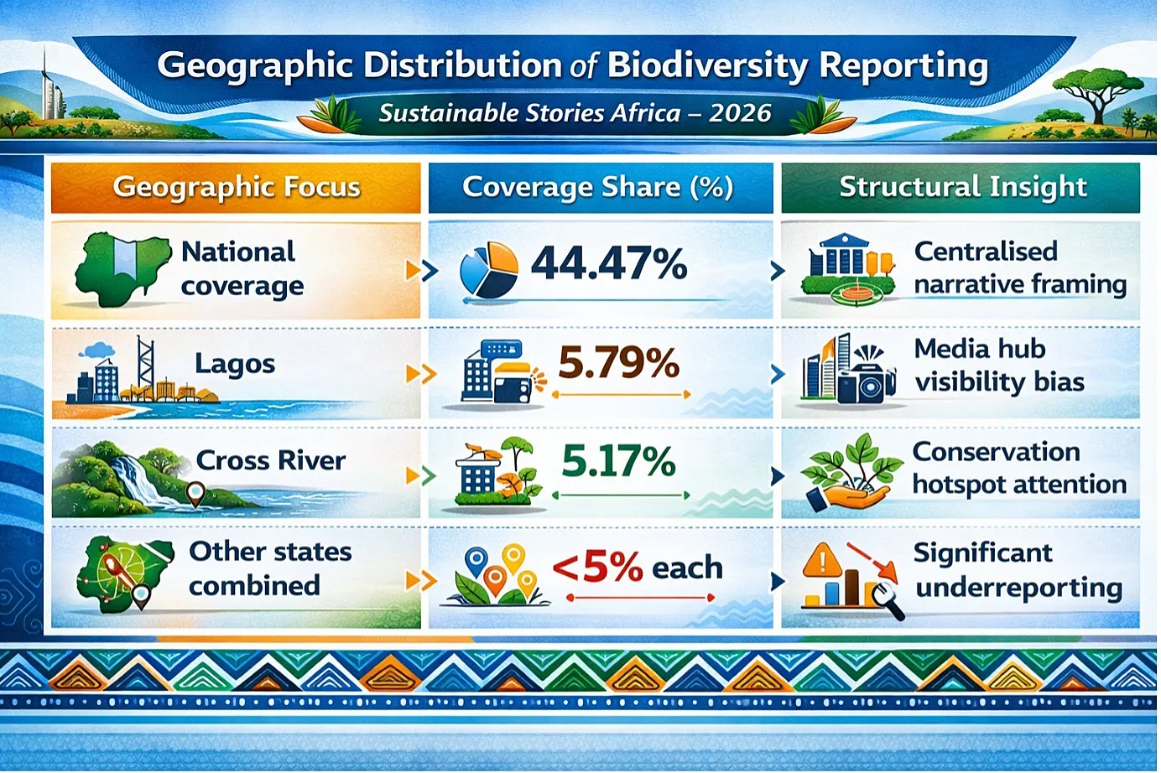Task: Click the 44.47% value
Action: pos(609,264)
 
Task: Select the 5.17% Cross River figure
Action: pos(618,460)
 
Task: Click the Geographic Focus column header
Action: pos(237,186)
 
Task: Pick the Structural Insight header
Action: pos(962,186)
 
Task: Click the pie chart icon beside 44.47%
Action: pos(489,270)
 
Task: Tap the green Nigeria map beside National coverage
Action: pos(122,269)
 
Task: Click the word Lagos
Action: pos(235,364)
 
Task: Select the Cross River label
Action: pos(271,460)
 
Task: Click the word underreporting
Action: pos(1019,588)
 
